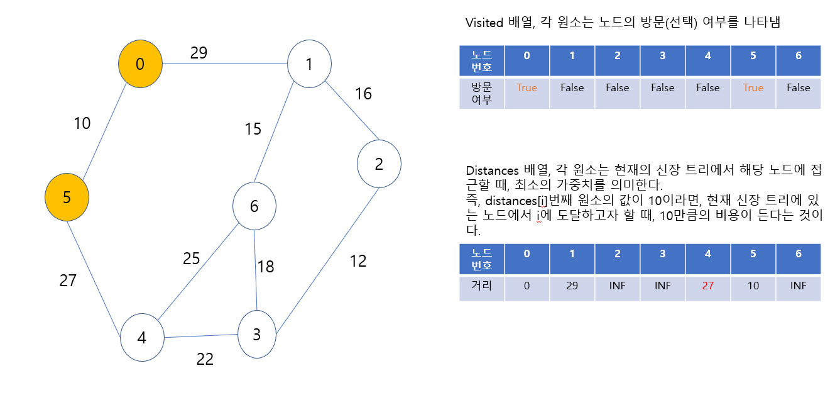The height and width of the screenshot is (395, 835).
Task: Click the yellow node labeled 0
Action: pyautogui.click(x=141, y=64)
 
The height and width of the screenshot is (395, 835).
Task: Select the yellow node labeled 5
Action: pyautogui.click(x=67, y=197)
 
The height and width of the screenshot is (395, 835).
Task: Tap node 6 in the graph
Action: pyautogui.click(x=254, y=206)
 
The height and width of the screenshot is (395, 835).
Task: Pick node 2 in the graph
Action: pyautogui.click(x=379, y=164)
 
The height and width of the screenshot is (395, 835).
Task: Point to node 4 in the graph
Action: pyautogui.click(x=142, y=338)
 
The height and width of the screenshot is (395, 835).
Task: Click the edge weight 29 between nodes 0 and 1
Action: pyautogui.click(x=199, y=53)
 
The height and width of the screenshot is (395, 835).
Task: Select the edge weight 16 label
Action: pyautogui.click(x=363, y=94)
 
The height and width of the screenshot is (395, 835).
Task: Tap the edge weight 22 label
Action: pyautogui.click(x=205, y=359)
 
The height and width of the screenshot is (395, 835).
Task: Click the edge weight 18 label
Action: pyautogui.click(x=266, y=267)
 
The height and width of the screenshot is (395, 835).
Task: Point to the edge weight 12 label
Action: pyautogui.click(x=358, y=260)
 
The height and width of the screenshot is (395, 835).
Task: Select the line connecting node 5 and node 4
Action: pyautogui.click(x=94, y=272)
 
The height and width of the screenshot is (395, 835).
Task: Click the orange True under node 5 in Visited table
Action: pyautogui.click(x=753, y=88)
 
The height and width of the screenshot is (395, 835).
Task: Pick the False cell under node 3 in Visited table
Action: pyautogui.click(x=662, y=88)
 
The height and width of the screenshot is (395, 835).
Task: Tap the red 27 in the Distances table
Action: pyautogui.click(x=707, y=286)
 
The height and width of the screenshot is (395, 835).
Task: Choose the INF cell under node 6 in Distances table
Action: pyautogui.click(x=798, y=286)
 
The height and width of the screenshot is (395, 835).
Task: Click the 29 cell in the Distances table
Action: pyautogui.click(x=572, y=286)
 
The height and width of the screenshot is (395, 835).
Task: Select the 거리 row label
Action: pyautogui.click(x=481, y=286)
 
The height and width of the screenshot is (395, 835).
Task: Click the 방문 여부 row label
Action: pyautogui.click(x=481, y=93)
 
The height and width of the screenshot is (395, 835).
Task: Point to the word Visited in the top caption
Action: pyautogui.click(x=484, y=23)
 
